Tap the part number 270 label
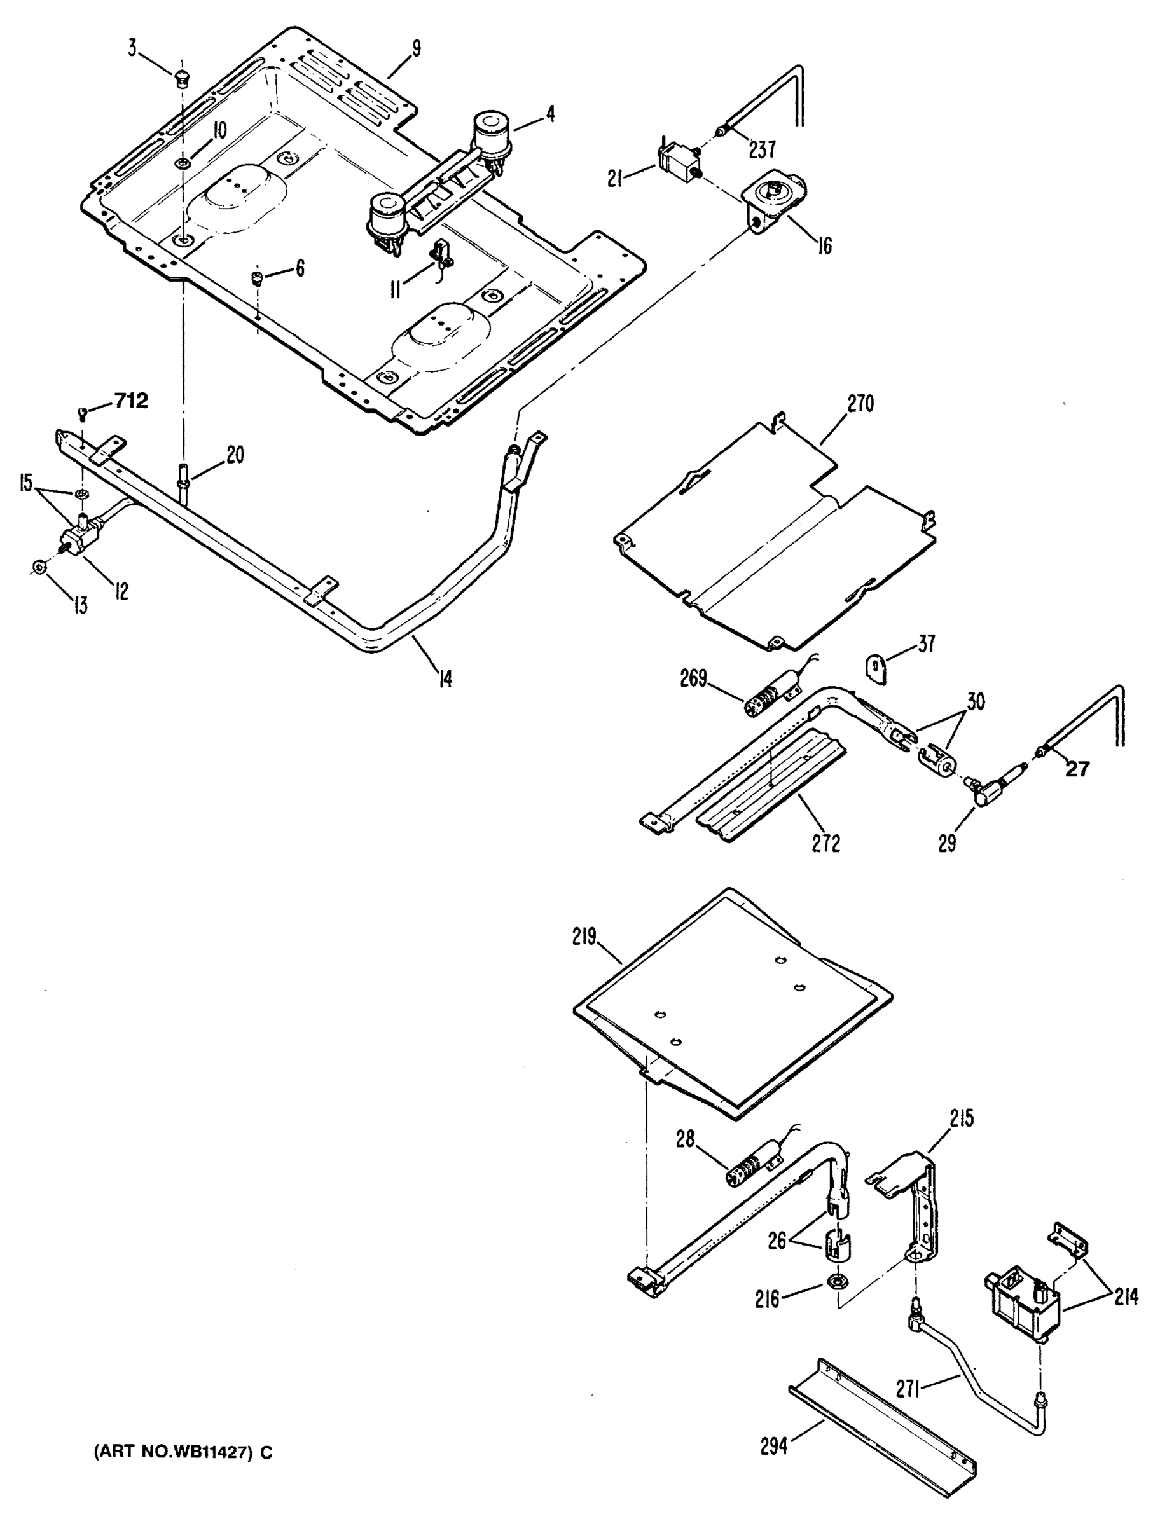[860, 404]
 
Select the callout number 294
[774, 1446]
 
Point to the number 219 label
[585, 937]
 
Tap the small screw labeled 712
[83, 415]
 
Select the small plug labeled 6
[258, 279]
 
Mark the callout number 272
[826, 843]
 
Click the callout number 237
[762, 149]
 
